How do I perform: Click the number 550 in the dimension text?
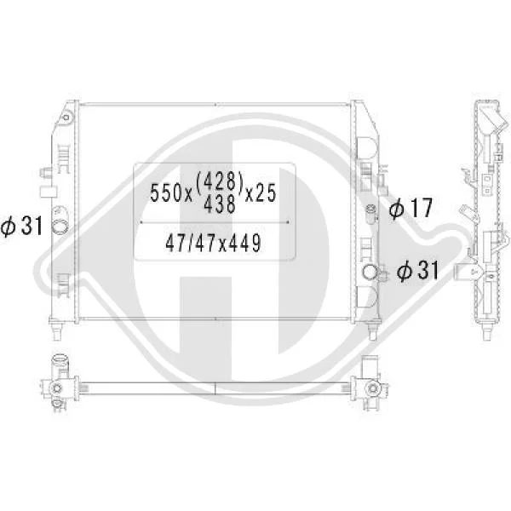[x=167, y=193]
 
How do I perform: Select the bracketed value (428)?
[x=220, y=181]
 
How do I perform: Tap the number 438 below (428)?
[x=220, y=204]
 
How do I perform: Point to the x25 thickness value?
[x=261, y=193]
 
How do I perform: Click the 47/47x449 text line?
[x=214, y=243]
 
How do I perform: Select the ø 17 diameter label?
[x=411, y=208]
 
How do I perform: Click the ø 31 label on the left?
[x=21, y=226]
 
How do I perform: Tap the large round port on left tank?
[x=60, y=227]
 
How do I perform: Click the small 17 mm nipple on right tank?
[x=371, y=214]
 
